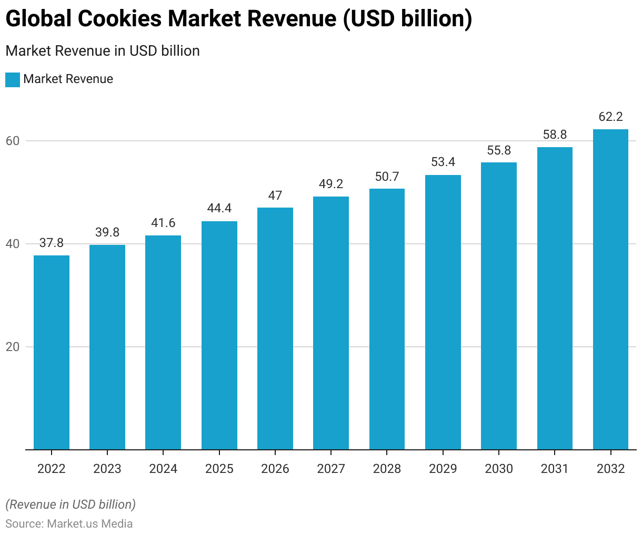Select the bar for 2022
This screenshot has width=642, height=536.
52,352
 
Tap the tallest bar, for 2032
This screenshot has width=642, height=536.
610,289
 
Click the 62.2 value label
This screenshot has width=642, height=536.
610,117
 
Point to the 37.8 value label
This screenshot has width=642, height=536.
52,243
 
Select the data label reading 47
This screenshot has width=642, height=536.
275,195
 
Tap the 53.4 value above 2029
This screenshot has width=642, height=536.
443,162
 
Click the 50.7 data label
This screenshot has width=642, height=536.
387,177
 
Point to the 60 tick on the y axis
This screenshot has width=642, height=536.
13,141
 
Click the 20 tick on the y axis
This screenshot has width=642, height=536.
13,347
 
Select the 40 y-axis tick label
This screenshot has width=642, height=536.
13,244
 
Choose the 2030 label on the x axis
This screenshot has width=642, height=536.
499,469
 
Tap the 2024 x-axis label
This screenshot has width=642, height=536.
163,469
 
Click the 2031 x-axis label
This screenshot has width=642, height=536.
555,469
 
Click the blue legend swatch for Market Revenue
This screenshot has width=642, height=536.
13,79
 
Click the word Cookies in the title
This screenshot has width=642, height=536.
119,19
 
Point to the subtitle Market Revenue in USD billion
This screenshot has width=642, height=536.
103,51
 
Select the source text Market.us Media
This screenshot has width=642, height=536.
90,523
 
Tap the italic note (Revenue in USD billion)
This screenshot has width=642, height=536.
71,504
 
